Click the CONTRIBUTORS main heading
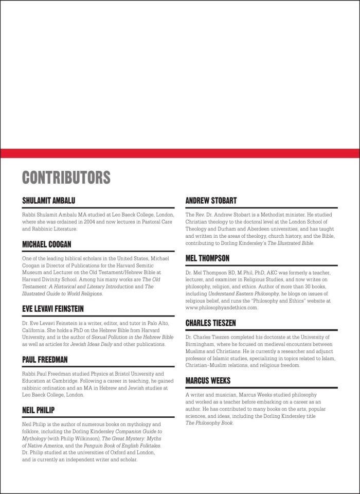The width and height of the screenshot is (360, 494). tap(66, 177)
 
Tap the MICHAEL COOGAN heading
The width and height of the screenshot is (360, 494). tap(47, 244)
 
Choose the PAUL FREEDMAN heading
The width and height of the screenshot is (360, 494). tap(45, 360)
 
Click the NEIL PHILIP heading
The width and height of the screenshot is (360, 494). tap(39, 410)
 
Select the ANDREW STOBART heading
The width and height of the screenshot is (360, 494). tap(211, 200)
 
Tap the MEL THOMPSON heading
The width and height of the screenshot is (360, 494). tap(207, 258)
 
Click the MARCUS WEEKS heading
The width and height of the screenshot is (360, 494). tap(208, 381)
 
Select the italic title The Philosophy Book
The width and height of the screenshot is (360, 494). tap(209, 423)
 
